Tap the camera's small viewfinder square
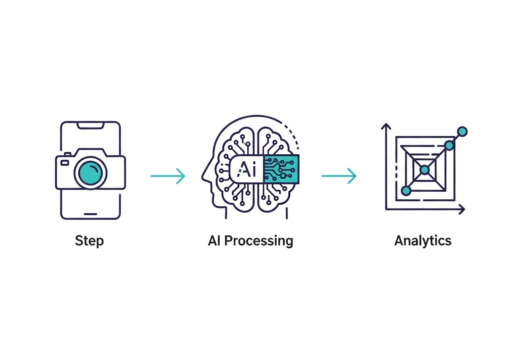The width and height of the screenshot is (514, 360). tap(64, 162)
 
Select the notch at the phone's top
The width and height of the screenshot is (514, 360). tap(90, 126)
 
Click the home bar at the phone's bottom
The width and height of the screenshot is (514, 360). tap(90, 213)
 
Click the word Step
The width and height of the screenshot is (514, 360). tap(89, 241)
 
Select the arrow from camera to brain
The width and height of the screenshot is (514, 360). tap(168, 176)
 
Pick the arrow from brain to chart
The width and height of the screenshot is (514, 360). tap(339, 176)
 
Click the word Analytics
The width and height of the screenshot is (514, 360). tap(423, 241)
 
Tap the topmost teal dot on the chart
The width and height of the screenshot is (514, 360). tap(463, 131)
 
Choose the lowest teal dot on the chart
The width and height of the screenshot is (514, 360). tap(406, 190)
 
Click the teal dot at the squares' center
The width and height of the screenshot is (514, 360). tap(425, 170)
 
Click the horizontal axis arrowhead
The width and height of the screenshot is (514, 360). tap(462, 209)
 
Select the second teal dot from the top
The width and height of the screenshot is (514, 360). tap(449, 145)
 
